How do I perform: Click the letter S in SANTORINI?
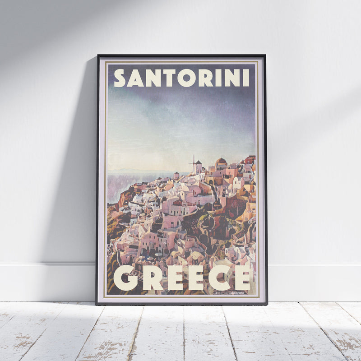pyautogui.click(x=120, y=78)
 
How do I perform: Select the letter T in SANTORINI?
pyautogui.click(x=168, y=78)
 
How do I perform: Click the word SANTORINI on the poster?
pyautogui.click(x=181, y=78)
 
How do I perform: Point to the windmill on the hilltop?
pyautogui.click(x=194, y=164)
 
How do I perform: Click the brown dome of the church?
pyautogui.click(x=221, y=161)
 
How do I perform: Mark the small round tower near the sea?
pyautogui.click(x=176, y=176)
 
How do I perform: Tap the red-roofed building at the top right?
pyautogui.click(x=250, y=159)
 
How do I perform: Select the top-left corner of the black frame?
pyautogui.click(x=98, y=56)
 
